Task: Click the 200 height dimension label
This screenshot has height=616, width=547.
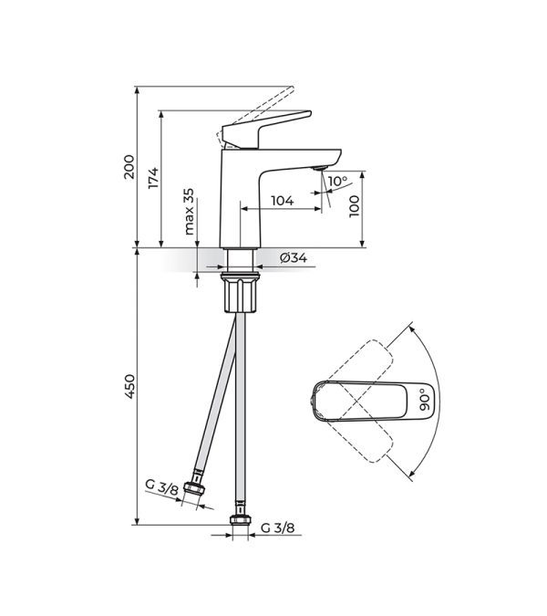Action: click(x=129, y=167)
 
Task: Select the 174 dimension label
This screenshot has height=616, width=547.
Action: click(x=153, y=178)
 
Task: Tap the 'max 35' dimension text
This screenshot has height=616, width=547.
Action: click(x=189, y=212)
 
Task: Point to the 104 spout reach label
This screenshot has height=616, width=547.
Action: click(x=283, y=201)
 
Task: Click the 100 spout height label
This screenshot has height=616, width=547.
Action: click(x=354, y=205)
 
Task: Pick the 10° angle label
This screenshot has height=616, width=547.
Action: click(x=338, y=181)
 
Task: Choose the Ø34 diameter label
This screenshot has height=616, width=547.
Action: click(x=294, y=257)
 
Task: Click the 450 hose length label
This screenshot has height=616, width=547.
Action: click(x=129, y=387)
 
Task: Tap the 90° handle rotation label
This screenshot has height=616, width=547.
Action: click(x=425, y=400)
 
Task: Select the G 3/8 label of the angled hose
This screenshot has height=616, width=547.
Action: click(x=161, y=486)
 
